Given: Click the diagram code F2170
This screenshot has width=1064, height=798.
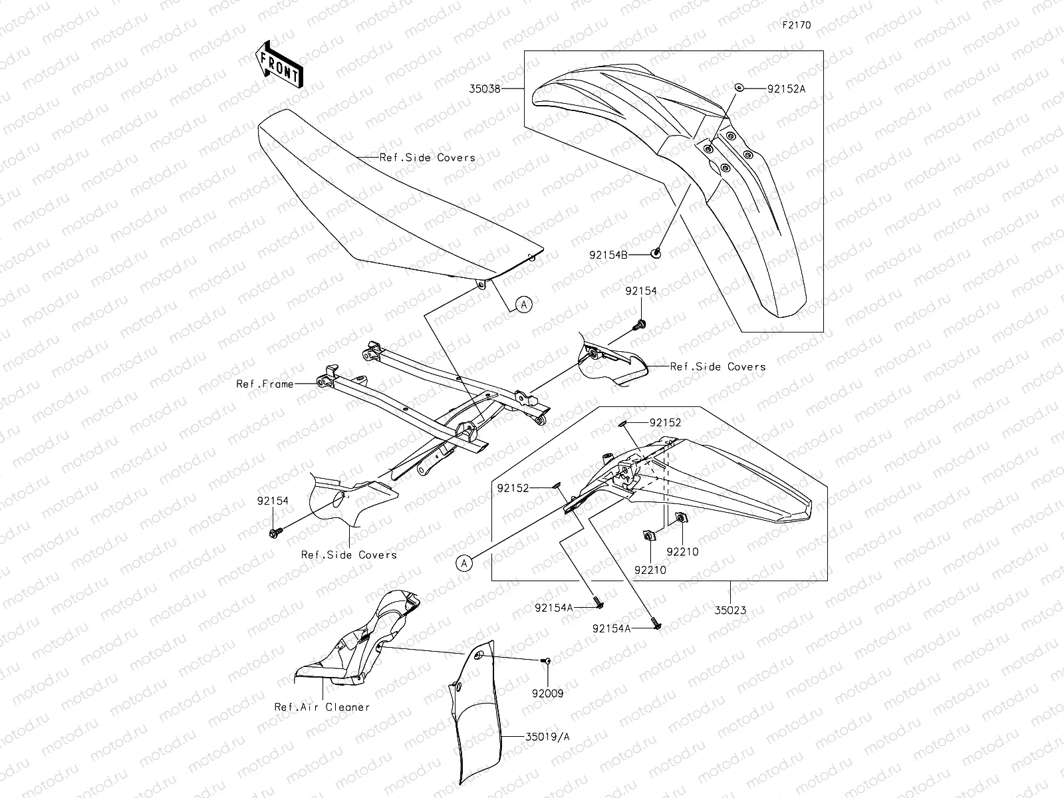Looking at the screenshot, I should [796, 25].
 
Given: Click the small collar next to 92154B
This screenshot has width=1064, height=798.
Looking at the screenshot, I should [656, 252].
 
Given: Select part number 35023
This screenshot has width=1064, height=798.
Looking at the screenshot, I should [730, 608].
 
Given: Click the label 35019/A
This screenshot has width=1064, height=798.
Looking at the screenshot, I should [547, 737].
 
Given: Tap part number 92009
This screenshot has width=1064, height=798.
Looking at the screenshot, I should [547, 693].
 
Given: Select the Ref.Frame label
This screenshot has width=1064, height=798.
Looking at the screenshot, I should [265, 384].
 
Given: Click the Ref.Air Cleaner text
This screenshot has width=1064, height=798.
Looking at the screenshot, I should [321, 707].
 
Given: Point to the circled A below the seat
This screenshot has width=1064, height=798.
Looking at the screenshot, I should [523, 305].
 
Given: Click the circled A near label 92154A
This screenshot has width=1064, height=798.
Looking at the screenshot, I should [465, 563].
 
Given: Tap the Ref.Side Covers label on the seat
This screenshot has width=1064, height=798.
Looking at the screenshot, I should [427, 158].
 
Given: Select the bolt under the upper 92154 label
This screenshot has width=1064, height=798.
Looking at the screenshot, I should [641, 325].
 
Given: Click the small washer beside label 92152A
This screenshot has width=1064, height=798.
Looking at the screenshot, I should [738, 87].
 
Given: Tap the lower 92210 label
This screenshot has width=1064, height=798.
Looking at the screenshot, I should [650, 570].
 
